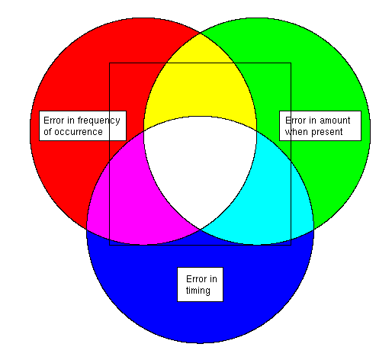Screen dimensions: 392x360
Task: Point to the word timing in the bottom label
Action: tap(198, 291)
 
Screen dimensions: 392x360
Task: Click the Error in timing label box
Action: tap(200, 284)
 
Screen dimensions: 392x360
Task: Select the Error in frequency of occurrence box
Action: tap(82, 126)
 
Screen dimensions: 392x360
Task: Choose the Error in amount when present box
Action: tap(320, 126)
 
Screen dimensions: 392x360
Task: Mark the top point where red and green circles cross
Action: tap(201, 33)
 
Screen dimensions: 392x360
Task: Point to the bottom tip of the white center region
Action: tap(201, 230)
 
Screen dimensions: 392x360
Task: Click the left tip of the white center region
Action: tap(144, 131)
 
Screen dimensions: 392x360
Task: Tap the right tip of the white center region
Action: tap(256, 131)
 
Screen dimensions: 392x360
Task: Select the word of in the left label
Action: tap(48, 132)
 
